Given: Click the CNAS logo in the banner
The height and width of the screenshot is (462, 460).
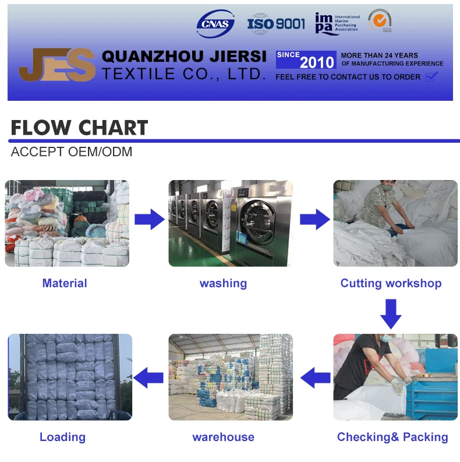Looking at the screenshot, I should click(x=215, y=23).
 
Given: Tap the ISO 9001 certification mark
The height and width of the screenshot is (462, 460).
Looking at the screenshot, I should click(x=276, y=23).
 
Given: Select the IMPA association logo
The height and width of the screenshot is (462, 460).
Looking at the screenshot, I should click(x=337, y=23).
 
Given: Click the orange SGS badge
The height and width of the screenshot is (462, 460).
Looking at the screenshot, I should click(x=379, y=22).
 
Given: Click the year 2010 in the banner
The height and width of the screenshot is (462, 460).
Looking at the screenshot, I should click(x=317, y=62).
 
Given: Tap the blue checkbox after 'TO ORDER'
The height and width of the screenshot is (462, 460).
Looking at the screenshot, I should click(x=431, y=77).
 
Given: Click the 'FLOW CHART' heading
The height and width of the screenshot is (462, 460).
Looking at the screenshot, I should click(x=79, y=128).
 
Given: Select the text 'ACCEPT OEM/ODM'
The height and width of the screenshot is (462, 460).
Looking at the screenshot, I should click(x=72, y=152).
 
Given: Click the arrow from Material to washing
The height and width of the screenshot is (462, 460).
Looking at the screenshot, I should click(x=150, y=220).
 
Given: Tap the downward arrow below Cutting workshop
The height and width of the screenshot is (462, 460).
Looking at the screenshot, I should click(x=391, y=314).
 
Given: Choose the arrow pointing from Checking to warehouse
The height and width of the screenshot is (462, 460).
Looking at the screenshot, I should click(x=315, y=377).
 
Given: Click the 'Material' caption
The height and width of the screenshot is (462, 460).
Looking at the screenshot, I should click(x=65, y=284).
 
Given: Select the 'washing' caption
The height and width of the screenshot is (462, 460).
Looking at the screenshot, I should click(x=223, y=284).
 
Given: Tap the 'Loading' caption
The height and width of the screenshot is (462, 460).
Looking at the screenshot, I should click(x=62, y=437).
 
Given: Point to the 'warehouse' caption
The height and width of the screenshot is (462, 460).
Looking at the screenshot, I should click(x=223, y=437).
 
